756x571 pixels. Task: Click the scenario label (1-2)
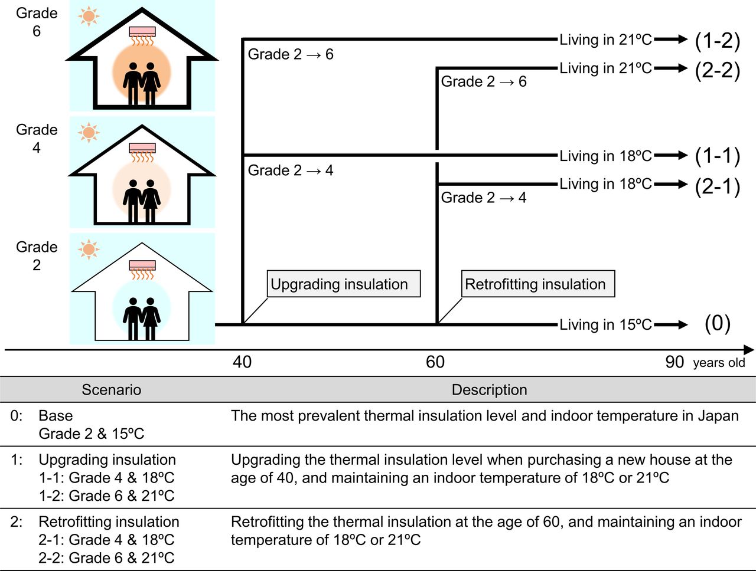[717, 40]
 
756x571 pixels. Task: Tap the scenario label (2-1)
[717, 186]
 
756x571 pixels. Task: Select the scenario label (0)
[717, 324]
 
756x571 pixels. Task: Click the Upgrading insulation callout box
[343, 284]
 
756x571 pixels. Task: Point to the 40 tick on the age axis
[242, 362]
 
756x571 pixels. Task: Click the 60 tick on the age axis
[435, 362]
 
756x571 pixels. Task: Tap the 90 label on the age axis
[674, 362]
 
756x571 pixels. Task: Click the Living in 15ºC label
[605, 324]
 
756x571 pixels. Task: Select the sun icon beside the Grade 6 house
[89, 16]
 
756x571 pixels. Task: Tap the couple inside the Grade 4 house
[142, 201]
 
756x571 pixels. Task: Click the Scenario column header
[111, 390]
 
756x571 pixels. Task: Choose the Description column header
[489, 390]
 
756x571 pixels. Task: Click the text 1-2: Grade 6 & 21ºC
[106, 495]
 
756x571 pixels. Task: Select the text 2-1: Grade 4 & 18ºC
[106, 540]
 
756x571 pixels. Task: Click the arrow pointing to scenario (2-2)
[671, 68]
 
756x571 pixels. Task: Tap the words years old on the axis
[719, 363]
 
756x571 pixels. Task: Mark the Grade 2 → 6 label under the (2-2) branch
[484, 81]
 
